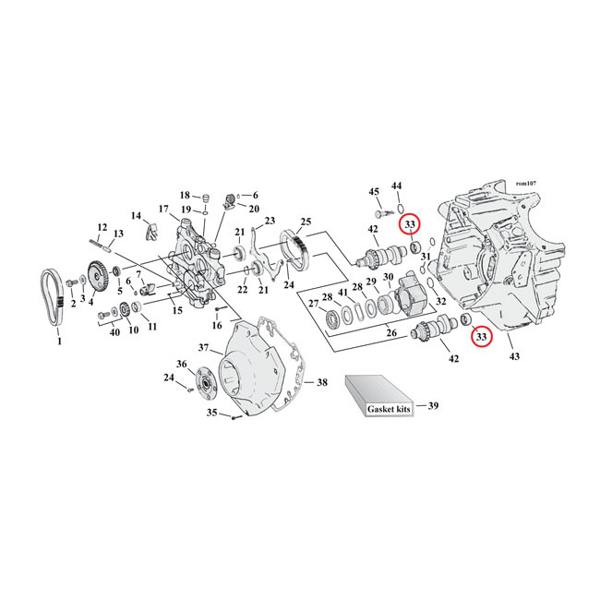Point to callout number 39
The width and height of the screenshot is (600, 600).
tap(434, 405)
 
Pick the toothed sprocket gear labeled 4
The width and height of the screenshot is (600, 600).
tap(95, 278)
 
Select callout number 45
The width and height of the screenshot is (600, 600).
tap(374, 191)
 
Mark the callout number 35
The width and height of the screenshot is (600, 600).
tap(210, 413)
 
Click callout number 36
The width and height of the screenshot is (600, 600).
tap(181, 364)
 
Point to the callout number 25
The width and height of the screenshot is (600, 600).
tap(306, 222)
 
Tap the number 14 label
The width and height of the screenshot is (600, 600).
tap(137, 216)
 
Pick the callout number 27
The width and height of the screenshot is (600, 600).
tap(313, 303)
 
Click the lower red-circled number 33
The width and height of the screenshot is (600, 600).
tap(481, 338)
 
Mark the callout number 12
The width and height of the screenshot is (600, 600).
tap(102, 227)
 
